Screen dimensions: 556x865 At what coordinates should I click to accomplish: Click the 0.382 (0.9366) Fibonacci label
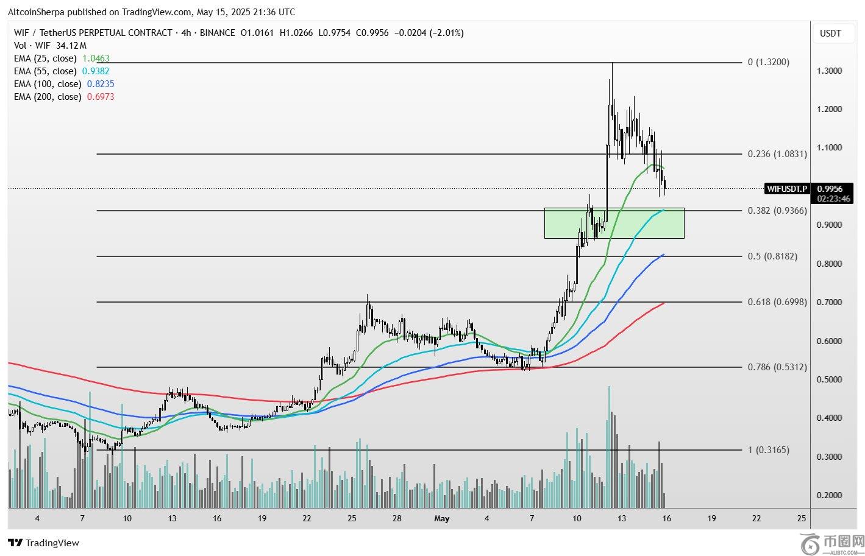777,211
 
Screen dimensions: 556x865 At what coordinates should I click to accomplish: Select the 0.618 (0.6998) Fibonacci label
777,302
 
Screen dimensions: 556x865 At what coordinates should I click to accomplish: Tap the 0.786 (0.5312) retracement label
777,367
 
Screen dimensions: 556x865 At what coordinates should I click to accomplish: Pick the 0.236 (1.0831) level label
777,154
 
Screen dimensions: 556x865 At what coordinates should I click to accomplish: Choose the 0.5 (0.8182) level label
772,256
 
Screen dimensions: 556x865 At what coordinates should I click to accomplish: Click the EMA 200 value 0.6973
101,97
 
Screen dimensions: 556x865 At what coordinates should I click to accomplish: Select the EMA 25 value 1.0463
96,58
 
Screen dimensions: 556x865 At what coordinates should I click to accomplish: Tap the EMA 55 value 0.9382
96,71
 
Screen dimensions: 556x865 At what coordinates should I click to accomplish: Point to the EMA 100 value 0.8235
101,84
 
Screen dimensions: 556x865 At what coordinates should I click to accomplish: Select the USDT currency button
830,33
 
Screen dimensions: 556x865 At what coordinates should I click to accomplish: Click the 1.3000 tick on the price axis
829,71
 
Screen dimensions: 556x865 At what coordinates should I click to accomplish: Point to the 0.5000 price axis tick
829,379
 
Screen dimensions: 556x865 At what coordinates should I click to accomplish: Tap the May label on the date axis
441,519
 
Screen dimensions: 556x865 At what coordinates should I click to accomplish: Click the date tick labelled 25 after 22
801,519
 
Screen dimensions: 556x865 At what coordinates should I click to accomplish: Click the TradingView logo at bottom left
44,543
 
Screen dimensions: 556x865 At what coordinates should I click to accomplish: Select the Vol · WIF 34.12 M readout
50,46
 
